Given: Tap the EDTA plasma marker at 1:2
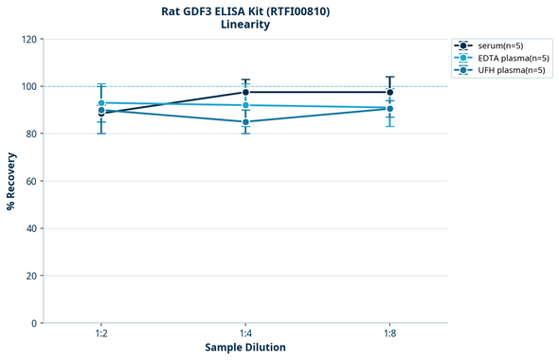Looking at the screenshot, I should [101, 102].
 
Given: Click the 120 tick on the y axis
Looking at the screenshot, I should [28, 40].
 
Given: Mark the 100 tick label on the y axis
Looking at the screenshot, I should [28, 87].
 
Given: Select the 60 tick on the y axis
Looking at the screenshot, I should [31, 181].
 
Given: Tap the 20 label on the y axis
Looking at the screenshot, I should [31, 276].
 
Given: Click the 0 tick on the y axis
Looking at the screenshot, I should [34, 323].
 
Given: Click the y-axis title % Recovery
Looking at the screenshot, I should [11, 180].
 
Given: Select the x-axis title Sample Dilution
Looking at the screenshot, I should [245, 348].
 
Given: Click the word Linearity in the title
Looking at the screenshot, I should [244, 25].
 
